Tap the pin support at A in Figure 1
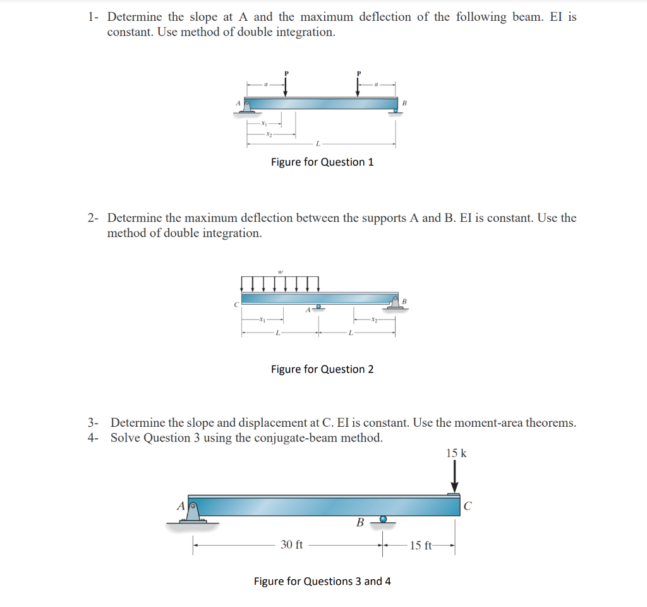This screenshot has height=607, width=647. click(247, 107)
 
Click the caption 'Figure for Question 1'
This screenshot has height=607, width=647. click(322, 162)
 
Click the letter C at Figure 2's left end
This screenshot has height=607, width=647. click(236, 304)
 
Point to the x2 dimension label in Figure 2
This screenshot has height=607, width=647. click(375, 319)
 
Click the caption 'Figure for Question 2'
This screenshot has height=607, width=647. click(322, 369)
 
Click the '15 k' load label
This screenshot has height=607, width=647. click(456, 453)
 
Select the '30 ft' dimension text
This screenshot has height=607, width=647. click(291, 544)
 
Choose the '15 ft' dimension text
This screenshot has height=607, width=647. click(421, 546)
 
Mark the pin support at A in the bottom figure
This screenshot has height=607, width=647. click(193, 512)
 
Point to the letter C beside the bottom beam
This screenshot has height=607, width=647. click(468, 505)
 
